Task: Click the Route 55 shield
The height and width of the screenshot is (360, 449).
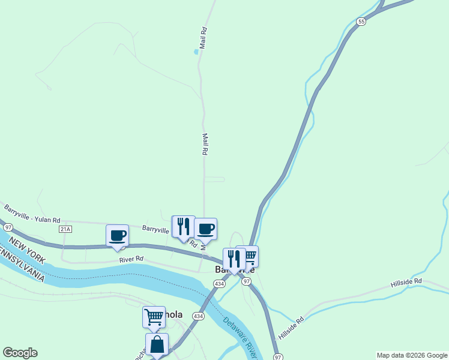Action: [x=361, y=21]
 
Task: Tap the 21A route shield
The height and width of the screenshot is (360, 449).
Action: [x=65, y=229]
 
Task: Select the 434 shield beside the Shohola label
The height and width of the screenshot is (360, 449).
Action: [x=199, y=316]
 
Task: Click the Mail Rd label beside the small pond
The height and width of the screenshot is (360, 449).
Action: [x=203, y=37]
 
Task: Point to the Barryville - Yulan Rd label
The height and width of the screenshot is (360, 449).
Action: [x=32, y=214]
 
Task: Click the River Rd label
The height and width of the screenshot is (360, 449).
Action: [x=131, y=259]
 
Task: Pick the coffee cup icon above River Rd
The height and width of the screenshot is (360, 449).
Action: [x=118, y=235]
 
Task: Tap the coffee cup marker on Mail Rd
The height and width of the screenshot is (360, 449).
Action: [x=206, y=229]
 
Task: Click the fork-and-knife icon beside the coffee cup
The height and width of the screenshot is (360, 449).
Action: [x=183, y=226]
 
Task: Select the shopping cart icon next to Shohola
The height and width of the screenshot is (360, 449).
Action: [x=154, y=316]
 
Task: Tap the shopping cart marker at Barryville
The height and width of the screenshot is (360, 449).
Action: [x=249, y=256]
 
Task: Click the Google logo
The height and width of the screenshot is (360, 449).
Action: [x=20, y=353]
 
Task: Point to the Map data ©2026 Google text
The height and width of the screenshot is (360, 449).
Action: [x=412, y=355]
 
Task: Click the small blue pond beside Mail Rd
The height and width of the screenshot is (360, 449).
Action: [x=196, y=52]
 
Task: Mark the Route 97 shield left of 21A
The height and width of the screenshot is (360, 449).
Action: [x=7, y=227]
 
